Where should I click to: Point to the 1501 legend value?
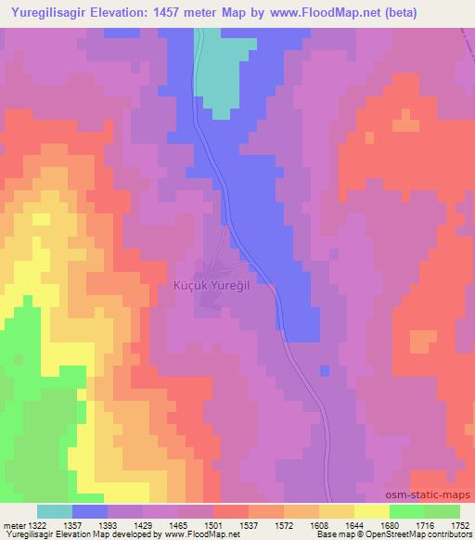pyautogui.click(x=214, y=525)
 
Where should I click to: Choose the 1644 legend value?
pyautogui.click(x=354, y=525)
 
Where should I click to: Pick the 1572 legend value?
pyautogui.click(x=284, y=525)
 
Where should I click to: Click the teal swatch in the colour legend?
pyautogui.click(x=55, y=511)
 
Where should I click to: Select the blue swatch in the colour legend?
pyautogui.click(x=90, y=511)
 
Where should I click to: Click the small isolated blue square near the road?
pyautogui.click(x=324, y=371)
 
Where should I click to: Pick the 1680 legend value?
pyautogui.click(x=390, y=525)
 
